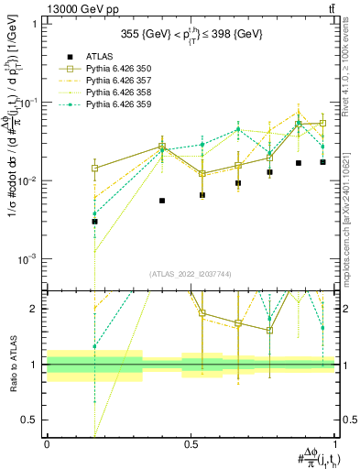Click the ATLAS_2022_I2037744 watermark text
[191, 274]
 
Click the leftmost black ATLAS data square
[94, 222]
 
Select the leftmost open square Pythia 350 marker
[94, 169]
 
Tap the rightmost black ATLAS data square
[322, 162]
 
